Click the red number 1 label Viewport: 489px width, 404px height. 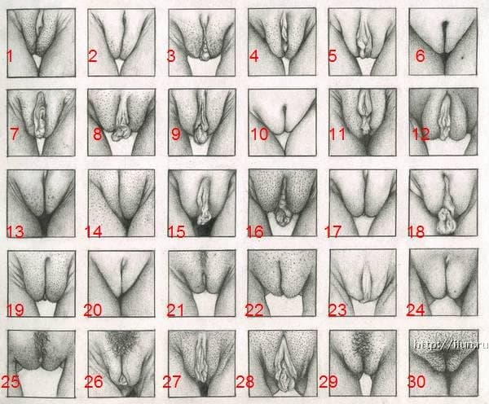tap(10, 56)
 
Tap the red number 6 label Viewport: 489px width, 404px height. tap(421, 56)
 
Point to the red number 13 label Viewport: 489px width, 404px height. tap(15, 231)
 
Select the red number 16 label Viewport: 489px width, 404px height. tap(255, 231)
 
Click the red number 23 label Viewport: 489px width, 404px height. tap(338, 310)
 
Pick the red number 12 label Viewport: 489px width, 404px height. tap(421, 134)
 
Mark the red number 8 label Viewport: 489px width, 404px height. tap(98, 134)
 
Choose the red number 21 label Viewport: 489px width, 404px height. tap(176, 310)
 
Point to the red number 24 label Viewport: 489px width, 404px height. tap(416, 310)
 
